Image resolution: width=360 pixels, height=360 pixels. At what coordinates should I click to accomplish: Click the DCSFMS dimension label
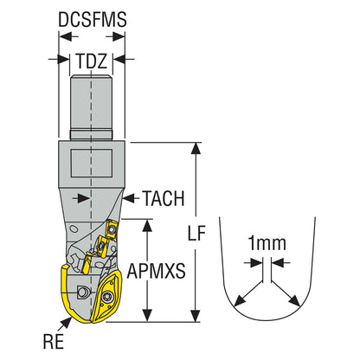(x=93, y=20)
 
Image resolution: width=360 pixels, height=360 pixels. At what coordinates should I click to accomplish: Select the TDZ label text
(x=92, y=61)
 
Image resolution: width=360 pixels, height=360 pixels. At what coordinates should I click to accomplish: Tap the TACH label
(x=164, y=198)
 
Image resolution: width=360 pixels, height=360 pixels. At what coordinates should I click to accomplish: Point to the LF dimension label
(x=196, y=233)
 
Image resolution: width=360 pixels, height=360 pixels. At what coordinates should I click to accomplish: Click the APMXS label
(x=157, y=271)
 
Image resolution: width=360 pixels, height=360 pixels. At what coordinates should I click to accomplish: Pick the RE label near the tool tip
(x=54, y=342)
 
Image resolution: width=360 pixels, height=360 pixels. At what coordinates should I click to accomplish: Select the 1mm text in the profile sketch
(x=267, y=243)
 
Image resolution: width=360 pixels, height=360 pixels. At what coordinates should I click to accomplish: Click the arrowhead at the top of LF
(x=196, y=149)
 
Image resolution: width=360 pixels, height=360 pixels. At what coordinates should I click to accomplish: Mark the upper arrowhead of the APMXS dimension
(x=147, y=225)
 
